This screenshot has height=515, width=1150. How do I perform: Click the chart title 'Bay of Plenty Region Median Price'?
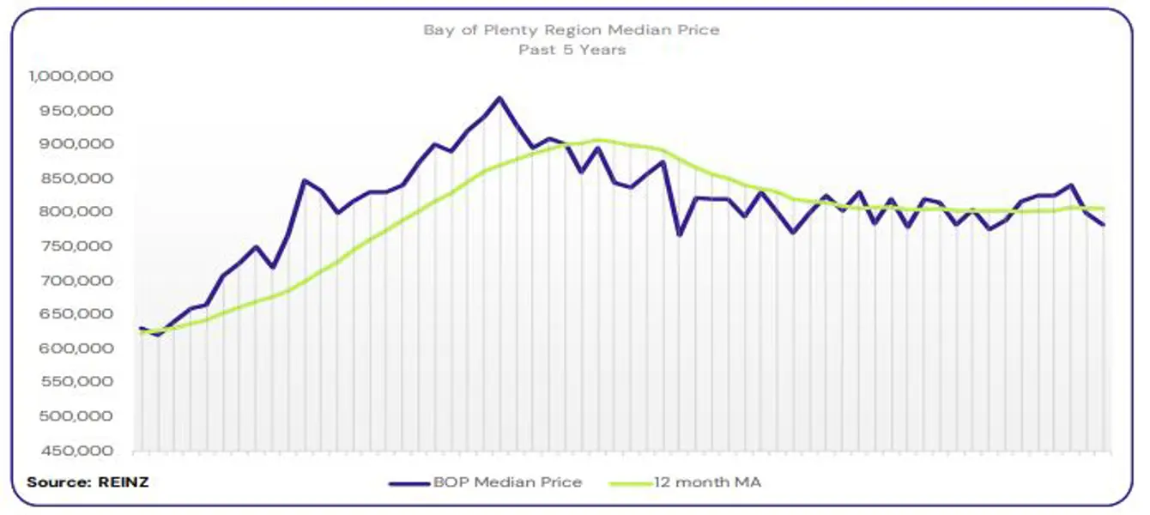[571, 30]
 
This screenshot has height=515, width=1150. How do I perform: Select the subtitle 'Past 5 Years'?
[572, 50]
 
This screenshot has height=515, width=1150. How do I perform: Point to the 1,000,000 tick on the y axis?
[72, 76]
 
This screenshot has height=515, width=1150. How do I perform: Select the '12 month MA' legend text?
[707, 482]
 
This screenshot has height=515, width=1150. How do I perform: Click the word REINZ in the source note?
[124, 482]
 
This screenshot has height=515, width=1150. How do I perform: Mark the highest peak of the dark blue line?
[499, 98]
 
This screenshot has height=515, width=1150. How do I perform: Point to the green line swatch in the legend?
[630, 483]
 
